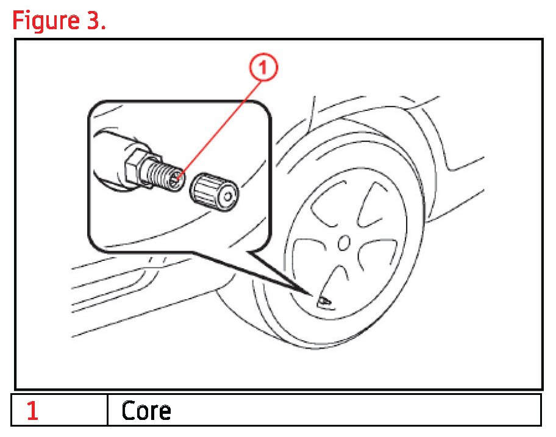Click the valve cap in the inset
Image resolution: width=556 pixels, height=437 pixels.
click(215, 190)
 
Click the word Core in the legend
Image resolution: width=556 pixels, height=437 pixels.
click(146, 411)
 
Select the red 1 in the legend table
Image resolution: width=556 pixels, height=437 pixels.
click(32, 411)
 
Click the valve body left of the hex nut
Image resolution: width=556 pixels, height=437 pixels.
click(110, 155)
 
